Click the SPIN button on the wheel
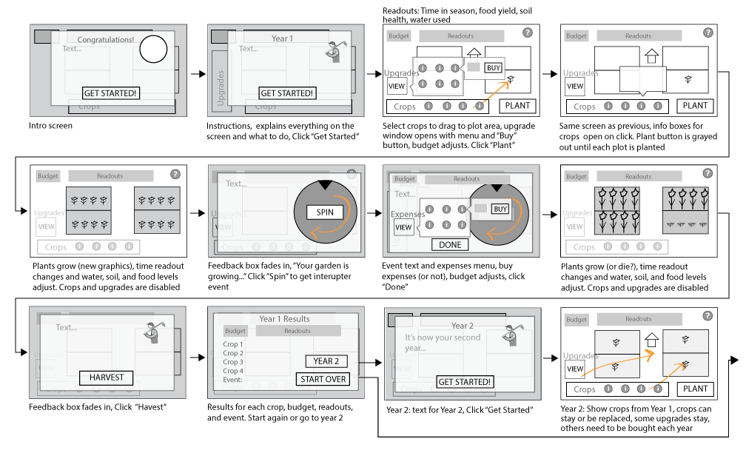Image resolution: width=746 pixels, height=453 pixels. coord(325,212)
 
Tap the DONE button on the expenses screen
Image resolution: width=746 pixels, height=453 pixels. coord(449,244)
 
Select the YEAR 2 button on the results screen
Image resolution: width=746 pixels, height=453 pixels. coord(326,361)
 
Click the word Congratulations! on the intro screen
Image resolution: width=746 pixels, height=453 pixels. coord(106,39)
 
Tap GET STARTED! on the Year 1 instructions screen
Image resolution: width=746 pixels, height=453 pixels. coord(287,93)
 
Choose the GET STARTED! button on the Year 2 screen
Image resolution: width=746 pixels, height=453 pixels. coord(464,382)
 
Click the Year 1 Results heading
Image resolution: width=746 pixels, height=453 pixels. coord(284,319)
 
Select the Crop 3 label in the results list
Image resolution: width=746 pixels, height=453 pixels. coord(233,362)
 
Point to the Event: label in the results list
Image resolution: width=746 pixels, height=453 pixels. coord(233,380)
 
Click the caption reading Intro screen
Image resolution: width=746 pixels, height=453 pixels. coord(51,126)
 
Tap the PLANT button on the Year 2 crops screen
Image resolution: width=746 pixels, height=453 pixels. coord(695,389)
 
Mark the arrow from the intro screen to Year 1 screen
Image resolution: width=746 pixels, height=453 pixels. coord(195,74)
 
